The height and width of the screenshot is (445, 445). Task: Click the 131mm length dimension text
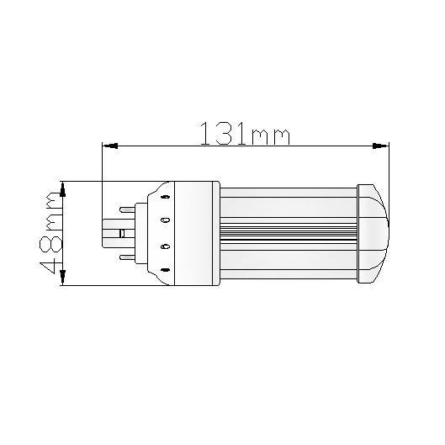click(244, 133)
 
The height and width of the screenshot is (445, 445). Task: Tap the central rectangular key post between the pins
click(115, 233)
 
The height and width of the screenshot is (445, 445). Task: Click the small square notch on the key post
click(123, 233)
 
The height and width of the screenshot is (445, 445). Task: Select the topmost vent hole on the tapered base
click(165, 196)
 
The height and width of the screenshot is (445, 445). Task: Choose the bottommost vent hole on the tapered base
click(165, 271)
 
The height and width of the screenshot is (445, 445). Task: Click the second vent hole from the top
click(165, 220)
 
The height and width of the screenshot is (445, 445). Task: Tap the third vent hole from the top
click(165, 246)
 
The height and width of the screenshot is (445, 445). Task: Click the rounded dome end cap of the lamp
click(374, 233)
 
